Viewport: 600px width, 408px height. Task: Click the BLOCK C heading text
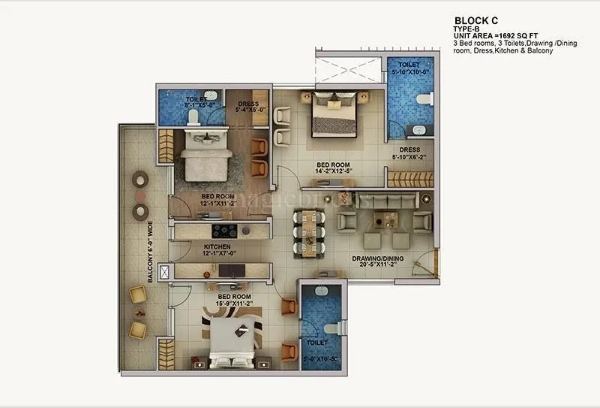477,20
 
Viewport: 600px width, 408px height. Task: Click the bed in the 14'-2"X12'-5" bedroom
334,114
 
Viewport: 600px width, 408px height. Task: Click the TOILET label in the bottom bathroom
316,342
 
